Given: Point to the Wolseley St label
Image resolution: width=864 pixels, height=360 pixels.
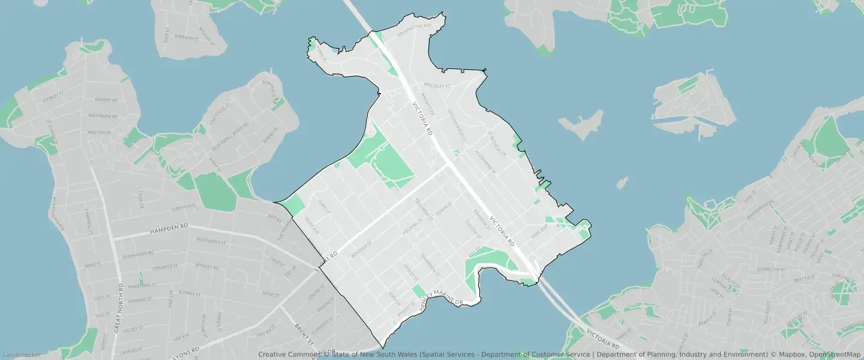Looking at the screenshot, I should pos(436,86).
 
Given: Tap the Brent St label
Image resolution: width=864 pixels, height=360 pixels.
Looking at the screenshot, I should pos(302,334).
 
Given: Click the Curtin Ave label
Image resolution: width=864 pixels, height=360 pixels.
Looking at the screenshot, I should pos(183,206).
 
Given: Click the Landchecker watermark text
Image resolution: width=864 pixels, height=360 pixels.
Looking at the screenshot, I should pos(21,355).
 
